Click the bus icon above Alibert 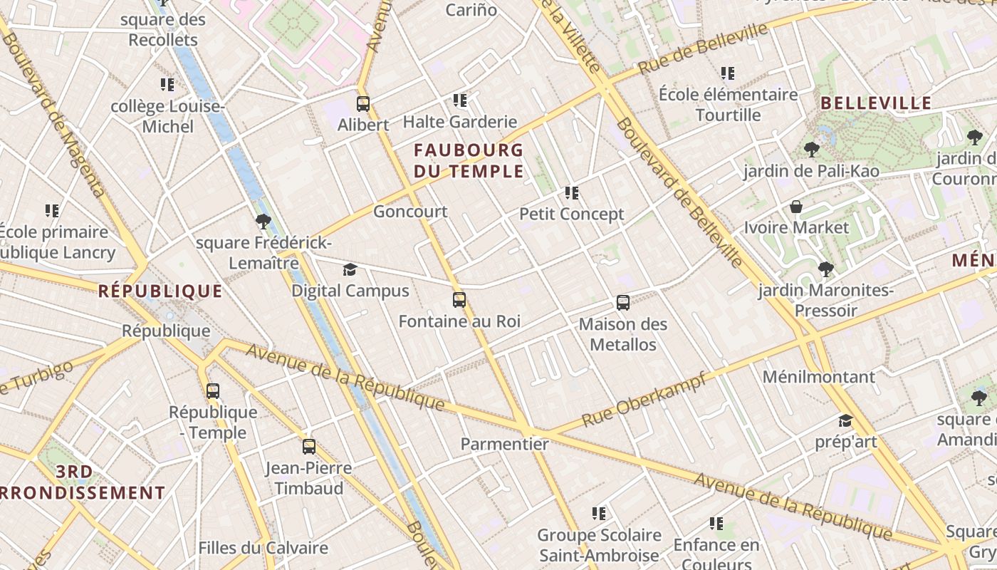coord(363,104)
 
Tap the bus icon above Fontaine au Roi coord(459,300)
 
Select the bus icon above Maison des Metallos coord(623,303)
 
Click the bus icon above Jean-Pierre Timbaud coord(309,447)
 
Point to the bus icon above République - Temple coord(213,391)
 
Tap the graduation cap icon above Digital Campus coord(350,270)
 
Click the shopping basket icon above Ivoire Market coord(796,207)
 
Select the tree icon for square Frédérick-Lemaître coord(263,222)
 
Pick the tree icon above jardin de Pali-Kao coord(810,150)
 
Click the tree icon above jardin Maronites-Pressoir coord(826,269)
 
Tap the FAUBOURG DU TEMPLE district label coord(469,161)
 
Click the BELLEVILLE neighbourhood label coord(876,103)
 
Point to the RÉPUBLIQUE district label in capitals coord(160,291)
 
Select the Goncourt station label coord(410,212)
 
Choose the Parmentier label coord(505,444)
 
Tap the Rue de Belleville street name coord(703,48)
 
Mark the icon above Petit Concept coord(571,193)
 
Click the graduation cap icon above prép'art coord(845,421)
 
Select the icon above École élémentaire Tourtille coord(728,73)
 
